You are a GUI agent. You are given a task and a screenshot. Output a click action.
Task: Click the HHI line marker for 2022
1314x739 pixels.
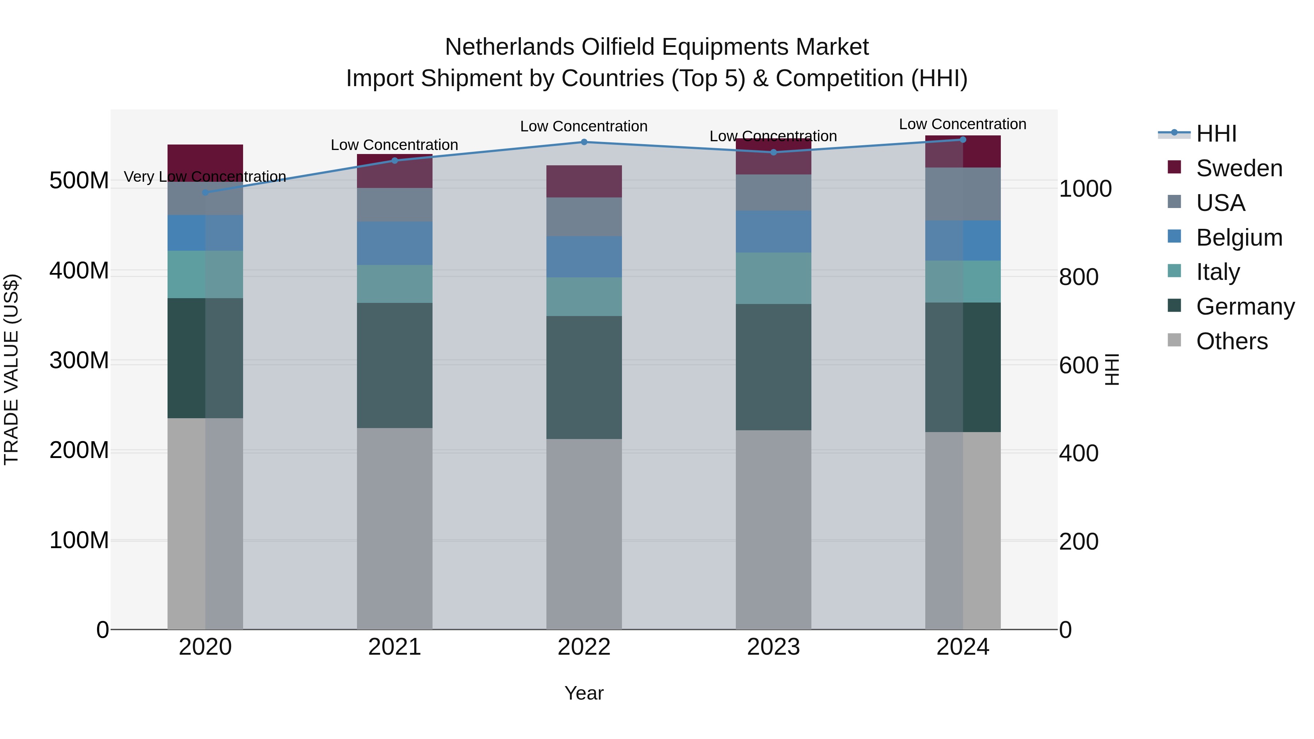pyautogui.click(x=584, y=142)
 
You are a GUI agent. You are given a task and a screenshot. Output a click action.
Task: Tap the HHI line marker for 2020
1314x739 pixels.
pyautogui.click(x=205, y=192)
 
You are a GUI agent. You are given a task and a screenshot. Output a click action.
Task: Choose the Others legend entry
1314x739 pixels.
pyautogui.click(x=1232, y=341)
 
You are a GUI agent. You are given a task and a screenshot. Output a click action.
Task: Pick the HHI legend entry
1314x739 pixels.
pyautogui.click(x=1216, y=134)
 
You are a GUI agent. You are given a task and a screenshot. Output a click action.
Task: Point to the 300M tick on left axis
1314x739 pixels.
pyautogui.click(x=79, y=361)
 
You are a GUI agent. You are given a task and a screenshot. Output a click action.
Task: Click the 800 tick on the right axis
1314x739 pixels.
pyautogui.click(x=1078, y=277)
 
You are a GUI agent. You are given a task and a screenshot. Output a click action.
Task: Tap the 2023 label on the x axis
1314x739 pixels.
pyautogui.click(x=773, y=647)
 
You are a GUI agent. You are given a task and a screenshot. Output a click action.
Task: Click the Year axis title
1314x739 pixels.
pyautogui.click(x=584, y=693)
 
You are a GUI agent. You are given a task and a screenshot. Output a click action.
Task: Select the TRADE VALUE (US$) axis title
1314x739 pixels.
pyautogui.click(x=11, y=369)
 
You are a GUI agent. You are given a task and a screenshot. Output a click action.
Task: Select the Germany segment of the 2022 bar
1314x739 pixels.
pyautogui.click(x=584, y=377)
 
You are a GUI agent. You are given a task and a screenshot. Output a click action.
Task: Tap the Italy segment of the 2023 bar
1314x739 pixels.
pyautogui.click(x=773, y=278)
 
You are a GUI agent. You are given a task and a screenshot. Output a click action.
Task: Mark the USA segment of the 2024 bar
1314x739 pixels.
pyautogui.click(x=963, y=194)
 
